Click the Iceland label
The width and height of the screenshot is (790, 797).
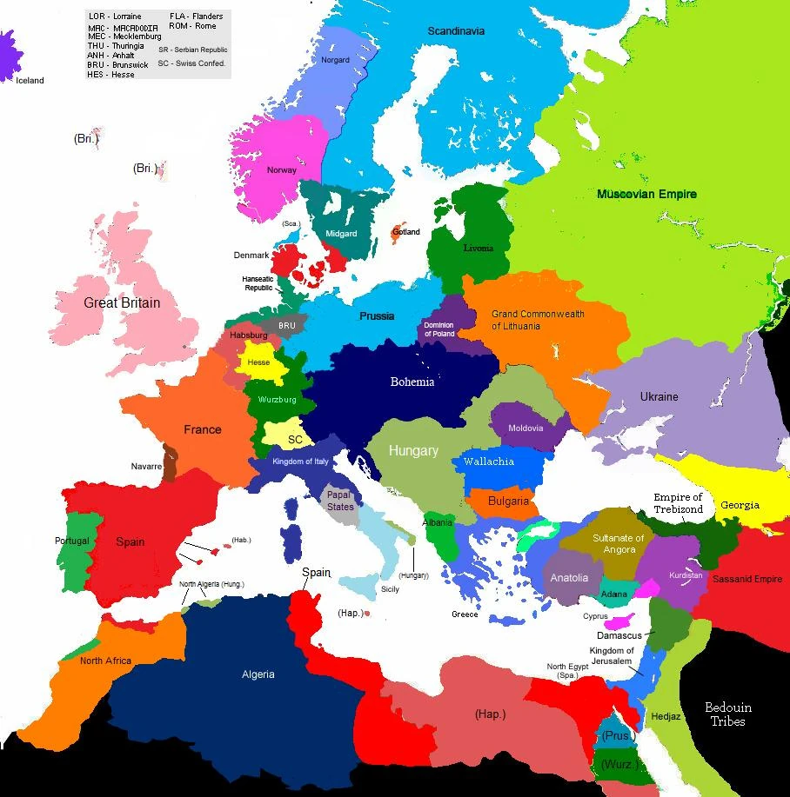click(30, 81)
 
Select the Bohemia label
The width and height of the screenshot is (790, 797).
click(412, 382)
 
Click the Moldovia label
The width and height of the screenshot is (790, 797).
click(525, 428)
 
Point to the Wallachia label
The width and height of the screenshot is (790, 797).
click(488, 462)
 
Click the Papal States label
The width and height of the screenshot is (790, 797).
click(340, 501)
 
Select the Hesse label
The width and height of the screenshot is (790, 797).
click(258, 362)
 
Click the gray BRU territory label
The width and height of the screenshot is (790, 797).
click(287, 326)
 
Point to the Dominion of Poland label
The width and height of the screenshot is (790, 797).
click(439, 329)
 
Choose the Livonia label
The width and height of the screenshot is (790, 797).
click(477, 248)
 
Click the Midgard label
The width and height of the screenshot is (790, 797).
click(341, 234)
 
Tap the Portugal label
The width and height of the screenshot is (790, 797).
click(71, 541)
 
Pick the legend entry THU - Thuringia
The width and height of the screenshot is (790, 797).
click(117, 46)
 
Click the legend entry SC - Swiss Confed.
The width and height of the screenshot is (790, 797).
click(191, 63)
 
